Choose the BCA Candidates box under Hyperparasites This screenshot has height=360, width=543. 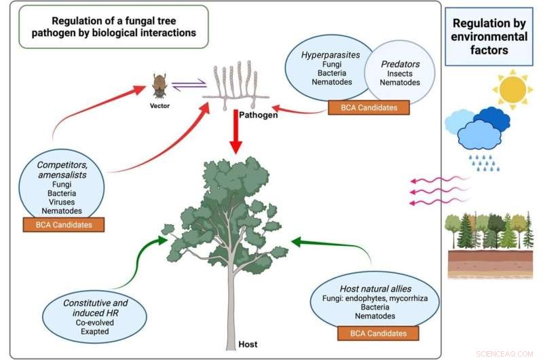369,107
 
